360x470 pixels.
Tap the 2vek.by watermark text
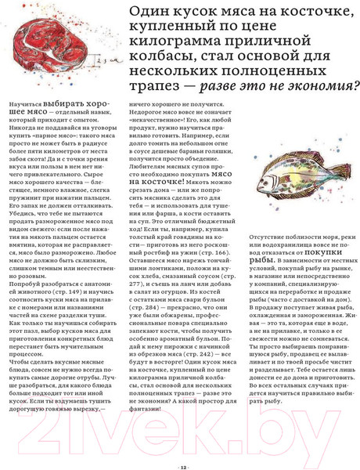(x=180, y=407)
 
